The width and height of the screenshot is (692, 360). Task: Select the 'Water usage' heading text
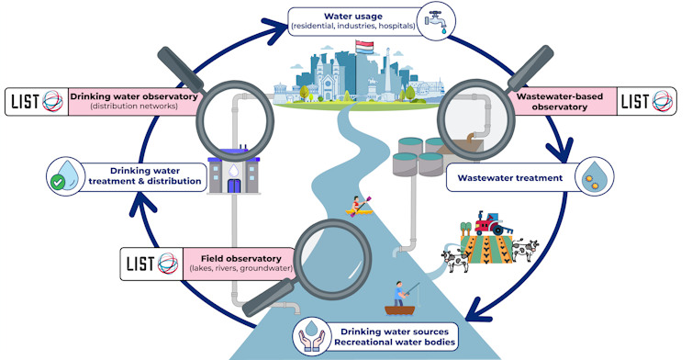point(353,14)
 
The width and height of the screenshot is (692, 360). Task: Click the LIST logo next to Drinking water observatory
point(36,101)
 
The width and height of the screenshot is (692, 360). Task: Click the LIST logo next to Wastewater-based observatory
point(648,101)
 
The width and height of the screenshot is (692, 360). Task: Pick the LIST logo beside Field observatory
point(152,263)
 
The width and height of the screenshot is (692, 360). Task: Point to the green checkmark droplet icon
point(65,175)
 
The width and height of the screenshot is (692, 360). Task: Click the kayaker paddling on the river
point(357,206)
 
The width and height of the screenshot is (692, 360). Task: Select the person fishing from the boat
point(397,296)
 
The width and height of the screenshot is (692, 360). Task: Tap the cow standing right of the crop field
point(524,250)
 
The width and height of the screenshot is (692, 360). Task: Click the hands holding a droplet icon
point(314,337)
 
